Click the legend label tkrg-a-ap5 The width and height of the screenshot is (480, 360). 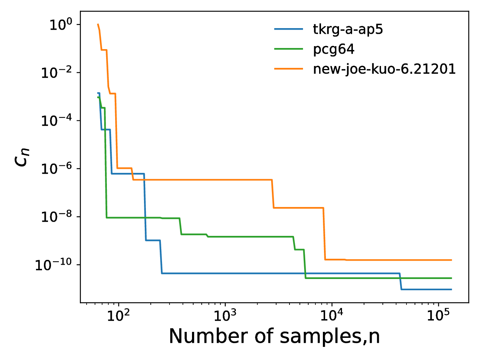click(348, 29)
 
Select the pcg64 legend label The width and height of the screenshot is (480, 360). click(333, 49)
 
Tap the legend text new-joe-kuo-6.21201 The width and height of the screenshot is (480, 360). click(384, 69)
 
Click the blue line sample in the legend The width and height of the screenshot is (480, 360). click(288, 29)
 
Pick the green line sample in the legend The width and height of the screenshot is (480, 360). click(288, 49)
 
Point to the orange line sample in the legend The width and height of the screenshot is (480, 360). click(288, 69)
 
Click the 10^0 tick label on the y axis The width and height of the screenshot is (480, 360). click(60, 25)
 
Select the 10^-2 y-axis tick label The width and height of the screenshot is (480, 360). click(55, 73)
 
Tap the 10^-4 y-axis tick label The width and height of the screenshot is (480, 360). click(55, 121)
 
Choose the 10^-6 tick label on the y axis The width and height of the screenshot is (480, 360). click(55, 169)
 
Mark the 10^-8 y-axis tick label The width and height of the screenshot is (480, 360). click(55, 217)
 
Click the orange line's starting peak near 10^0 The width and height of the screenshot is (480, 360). click(98, 25)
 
